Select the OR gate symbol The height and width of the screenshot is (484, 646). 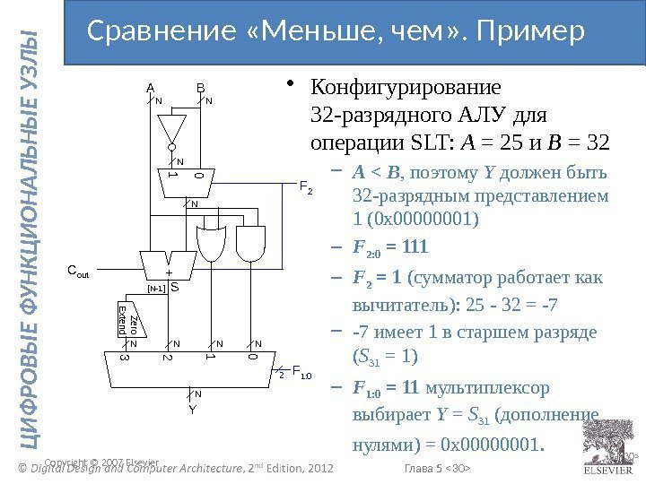(214, 239)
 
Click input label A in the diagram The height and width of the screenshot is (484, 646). (151, 88)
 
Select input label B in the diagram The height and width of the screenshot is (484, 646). (202, 88)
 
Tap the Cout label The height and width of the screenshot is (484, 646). (82, 269)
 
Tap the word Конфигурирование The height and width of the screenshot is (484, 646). (406, 91)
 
